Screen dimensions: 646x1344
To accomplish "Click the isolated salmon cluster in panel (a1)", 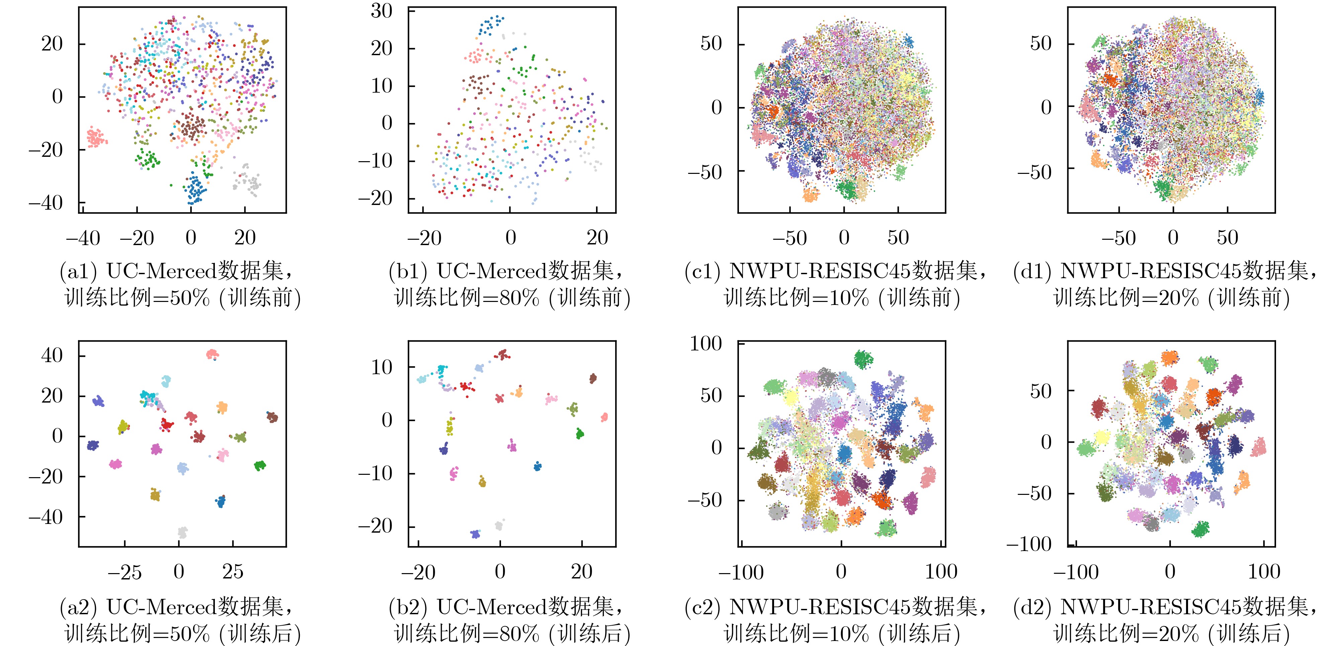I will (96, 137).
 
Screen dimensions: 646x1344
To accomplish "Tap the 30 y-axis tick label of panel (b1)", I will (382, 10).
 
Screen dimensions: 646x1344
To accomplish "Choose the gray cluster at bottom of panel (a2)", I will (182, 532).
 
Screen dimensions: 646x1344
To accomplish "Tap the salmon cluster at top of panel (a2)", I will (212, 354).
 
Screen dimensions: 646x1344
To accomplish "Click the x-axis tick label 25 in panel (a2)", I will (233, 572).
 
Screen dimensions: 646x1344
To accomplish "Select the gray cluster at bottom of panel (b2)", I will (499, 526).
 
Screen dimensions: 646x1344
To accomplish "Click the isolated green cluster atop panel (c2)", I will (863, 359).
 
